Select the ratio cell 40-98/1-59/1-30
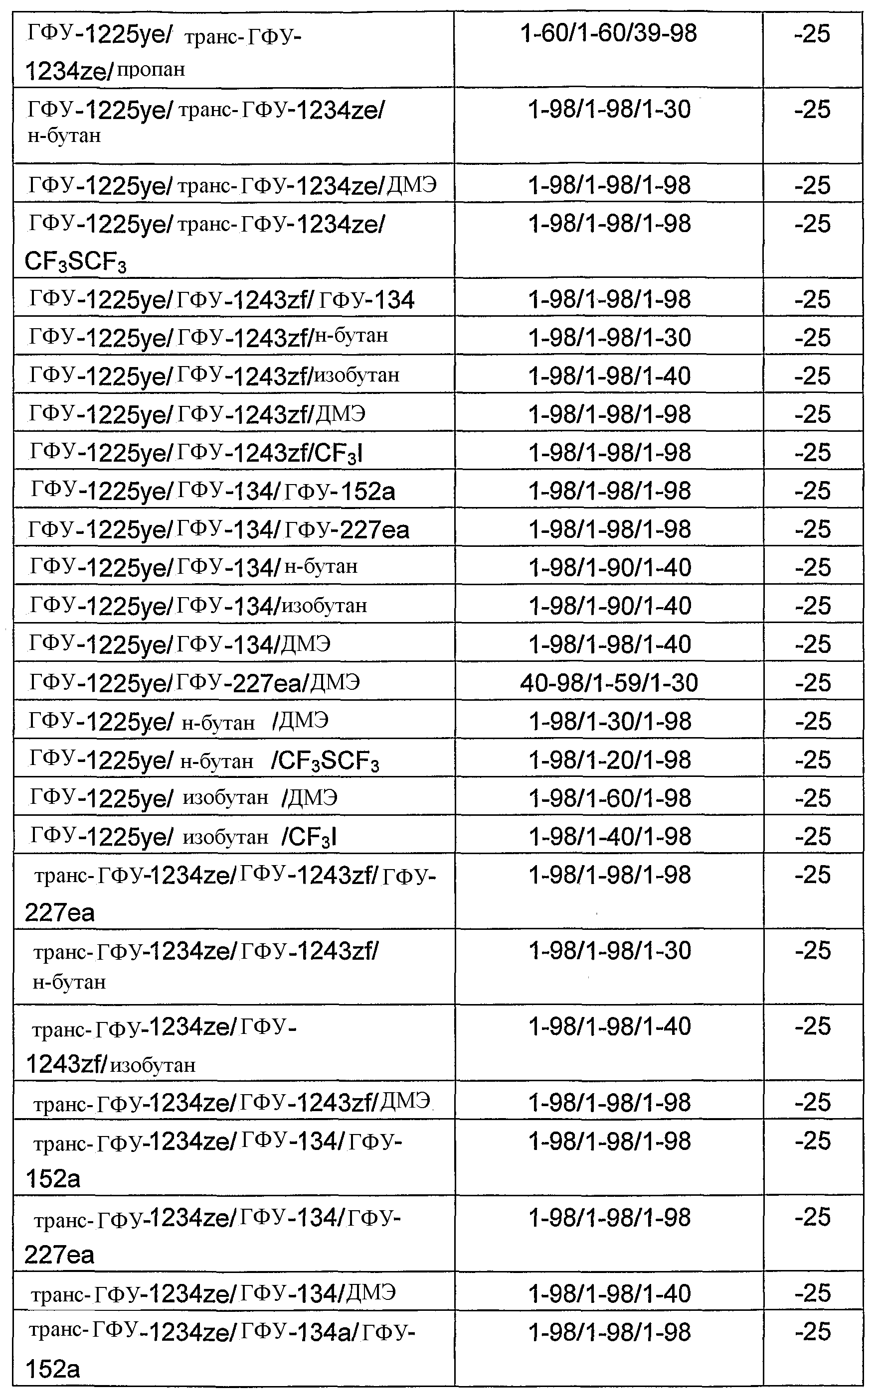(609, 682)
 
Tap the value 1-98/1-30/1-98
(609, 721)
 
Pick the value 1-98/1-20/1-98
(609, 760)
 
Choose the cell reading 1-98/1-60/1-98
(609, 798)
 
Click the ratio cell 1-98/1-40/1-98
(609, 836)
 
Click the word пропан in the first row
(151, 70)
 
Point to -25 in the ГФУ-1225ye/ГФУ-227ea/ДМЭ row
(813, 682)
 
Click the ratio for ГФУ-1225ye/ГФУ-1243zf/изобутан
(609, 376)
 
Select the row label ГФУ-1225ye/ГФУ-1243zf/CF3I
(196, 453)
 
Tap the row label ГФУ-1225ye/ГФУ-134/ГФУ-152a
(212, 491)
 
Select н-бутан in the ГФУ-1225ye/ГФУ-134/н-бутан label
(321, 566)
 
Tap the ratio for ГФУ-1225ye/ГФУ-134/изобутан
(609, 606)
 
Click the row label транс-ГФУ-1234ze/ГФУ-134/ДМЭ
(213, 1293)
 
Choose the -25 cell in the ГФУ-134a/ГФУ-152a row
(813, 1332)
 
